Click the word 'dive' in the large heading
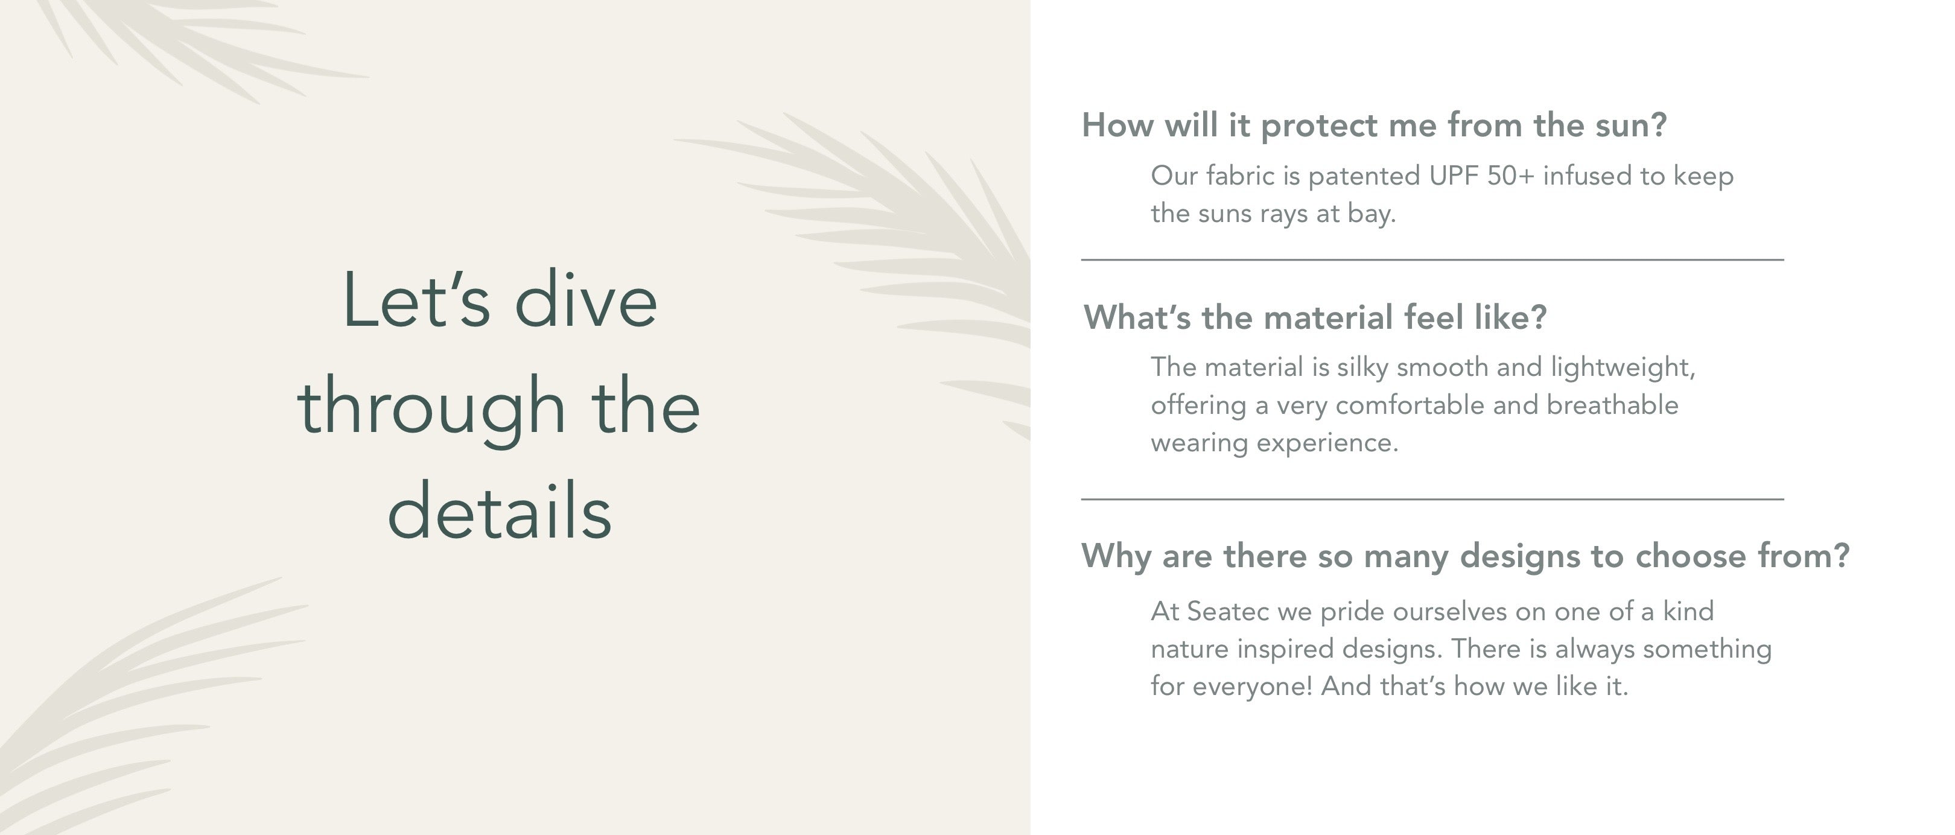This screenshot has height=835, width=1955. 586,300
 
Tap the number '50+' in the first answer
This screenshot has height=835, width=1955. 1511,176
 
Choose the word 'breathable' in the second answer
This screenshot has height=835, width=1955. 1612,405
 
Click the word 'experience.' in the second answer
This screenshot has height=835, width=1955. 1327,444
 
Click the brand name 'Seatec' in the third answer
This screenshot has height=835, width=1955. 1227,612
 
